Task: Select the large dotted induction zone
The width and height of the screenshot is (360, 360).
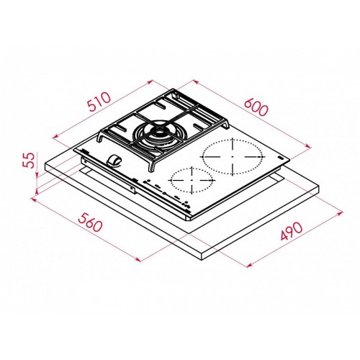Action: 232,155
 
